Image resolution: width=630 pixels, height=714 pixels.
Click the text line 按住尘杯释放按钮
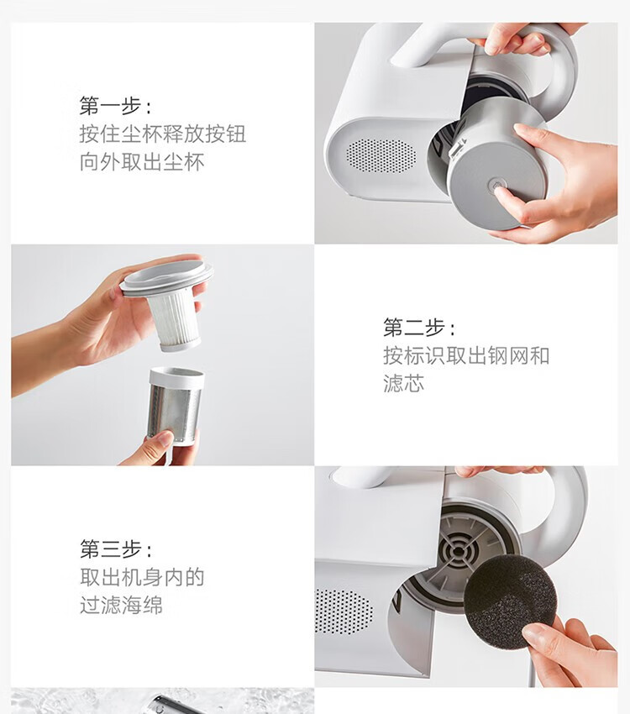click(163, 134)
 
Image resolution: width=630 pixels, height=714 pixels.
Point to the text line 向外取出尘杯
click(142, 162)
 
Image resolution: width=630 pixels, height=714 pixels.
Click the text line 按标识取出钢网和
click(466, 355)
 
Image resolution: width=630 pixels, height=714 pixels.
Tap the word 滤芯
click(404, 383)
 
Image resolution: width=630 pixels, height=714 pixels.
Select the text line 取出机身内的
click(142, 577)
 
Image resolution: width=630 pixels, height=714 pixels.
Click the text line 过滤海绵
click(121, 605)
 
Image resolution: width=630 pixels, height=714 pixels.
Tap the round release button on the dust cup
click(496, 186)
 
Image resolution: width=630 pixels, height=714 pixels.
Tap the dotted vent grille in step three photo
click(343, 611)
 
